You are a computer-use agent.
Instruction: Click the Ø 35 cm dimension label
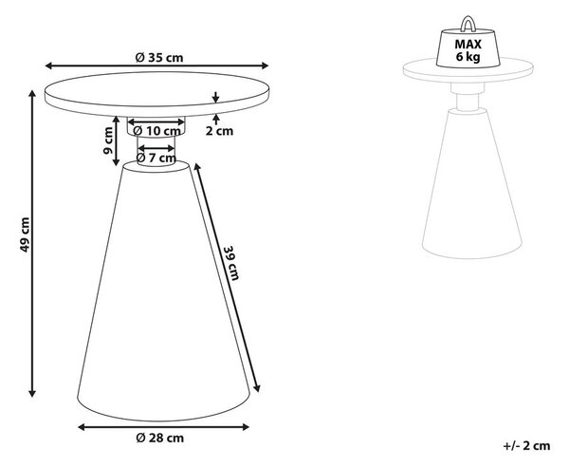click(x=159, y=58)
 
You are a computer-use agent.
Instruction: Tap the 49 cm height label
click(x=25, y=234)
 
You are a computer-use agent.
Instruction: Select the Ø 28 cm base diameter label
click(x=159, y=438)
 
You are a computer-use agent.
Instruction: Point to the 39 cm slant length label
click(x=231, y=263)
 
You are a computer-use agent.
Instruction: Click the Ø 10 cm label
click(x=156, y=131)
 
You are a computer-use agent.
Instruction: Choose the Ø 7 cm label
click(x=156, y=158)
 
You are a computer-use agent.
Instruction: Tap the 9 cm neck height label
click(x=108, y=140)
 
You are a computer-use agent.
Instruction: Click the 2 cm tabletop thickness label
click(x=219, y=131)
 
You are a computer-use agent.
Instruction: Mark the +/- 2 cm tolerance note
click(x=526, y=445)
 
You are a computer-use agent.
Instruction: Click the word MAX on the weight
click(x=468, y=45)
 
